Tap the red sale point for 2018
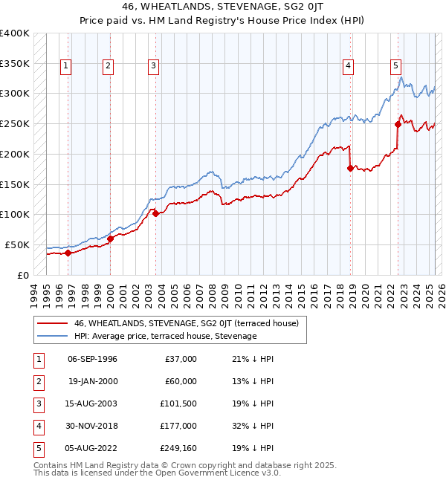[350, 168]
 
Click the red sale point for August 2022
[397, 124]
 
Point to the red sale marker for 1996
[68, 253]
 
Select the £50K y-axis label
[17, 244]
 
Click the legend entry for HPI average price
[164, 336]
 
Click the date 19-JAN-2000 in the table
[92, 381]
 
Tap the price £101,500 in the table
[177, 403]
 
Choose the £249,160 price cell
[177, 448]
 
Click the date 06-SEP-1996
[92, 359]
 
